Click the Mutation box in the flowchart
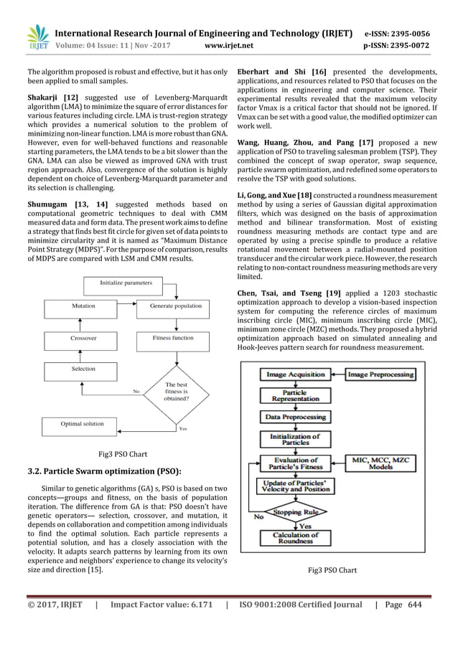[x=83, y=306]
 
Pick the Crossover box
[x=83, y=337]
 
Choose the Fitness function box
[x=172, y=337]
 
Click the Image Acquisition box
[x=296, y=374]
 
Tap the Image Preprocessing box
[x=380, y=374]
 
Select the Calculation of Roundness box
[x=296, y=538]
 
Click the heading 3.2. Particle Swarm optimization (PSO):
[x=103, y=471]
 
